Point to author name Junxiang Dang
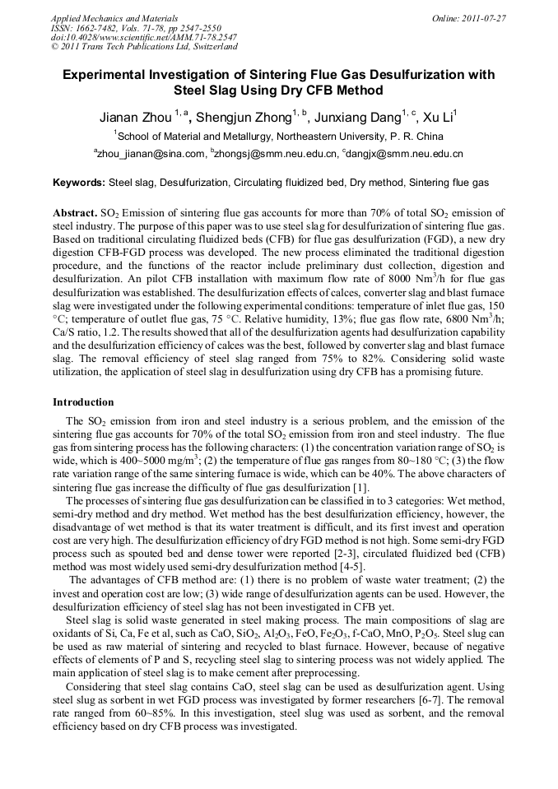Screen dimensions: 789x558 point(358,117)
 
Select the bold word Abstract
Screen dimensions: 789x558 point(75,211)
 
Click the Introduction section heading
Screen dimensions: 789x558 point(83,402)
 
